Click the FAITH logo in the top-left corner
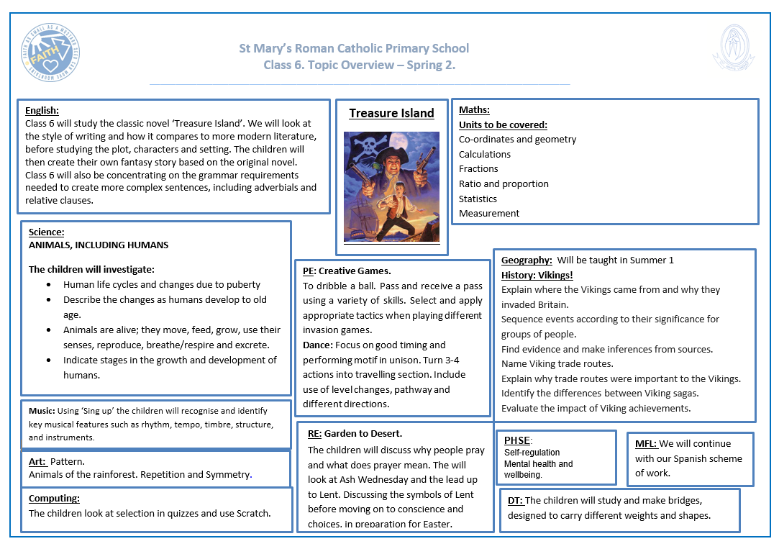coord(51,52)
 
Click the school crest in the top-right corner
coord(734,50)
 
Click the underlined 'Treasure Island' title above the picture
coord(391,113)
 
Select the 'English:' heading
coord(42,110)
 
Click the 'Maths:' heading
coord(474,109)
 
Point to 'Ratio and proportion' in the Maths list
coord(504,183)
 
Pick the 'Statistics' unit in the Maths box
coord(478,199)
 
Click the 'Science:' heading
coord(47,232)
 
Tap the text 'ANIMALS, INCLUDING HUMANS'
coord(99,245)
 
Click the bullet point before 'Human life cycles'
coord(47,285)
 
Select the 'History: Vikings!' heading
coord(537,275)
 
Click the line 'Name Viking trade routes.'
coord(557,363)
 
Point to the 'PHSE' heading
coord(516,440)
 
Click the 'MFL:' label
coord(646,443)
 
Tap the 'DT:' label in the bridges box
coord(514,500)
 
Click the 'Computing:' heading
coord(54,498)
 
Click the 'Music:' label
coord(42,411)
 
